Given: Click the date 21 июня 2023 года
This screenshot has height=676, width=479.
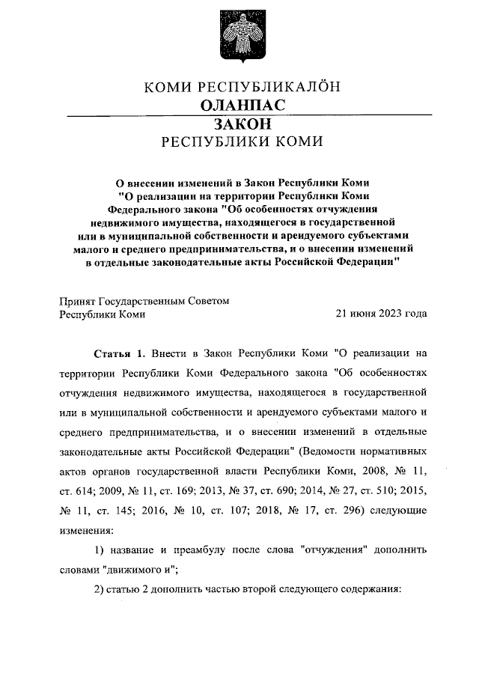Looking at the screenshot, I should click(x=382, y=314).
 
